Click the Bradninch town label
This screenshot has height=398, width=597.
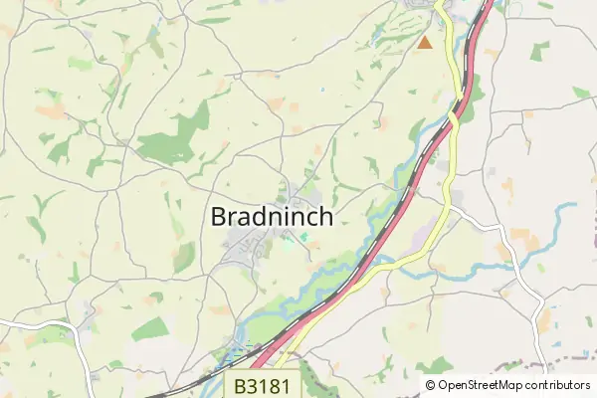coord(272,218)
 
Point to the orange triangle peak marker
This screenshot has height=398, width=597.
coord(425,43)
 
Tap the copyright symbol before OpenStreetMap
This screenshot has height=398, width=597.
coord(432,385)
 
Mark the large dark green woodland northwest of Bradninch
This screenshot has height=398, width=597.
coord(174,139)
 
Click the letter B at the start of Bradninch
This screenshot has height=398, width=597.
coord(219,218)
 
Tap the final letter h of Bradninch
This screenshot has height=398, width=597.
coord(324,218)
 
